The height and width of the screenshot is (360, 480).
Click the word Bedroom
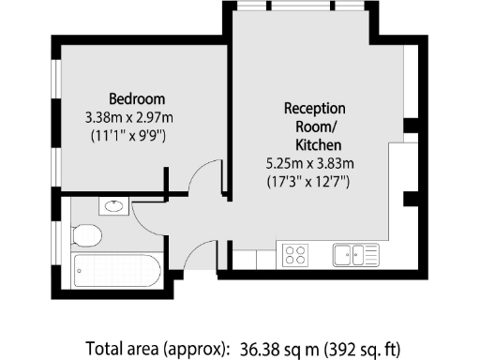click(x=137, y=98)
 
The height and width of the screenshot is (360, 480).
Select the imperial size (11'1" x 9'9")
click(x=137, y=136)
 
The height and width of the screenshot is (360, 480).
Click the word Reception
click(x=315, y=108)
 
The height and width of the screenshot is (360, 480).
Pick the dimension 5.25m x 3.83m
click(x=309, y=163)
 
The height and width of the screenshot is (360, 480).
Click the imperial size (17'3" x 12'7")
click(x=309, y=181)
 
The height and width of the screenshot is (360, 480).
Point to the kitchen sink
click(x=353, y=254)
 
